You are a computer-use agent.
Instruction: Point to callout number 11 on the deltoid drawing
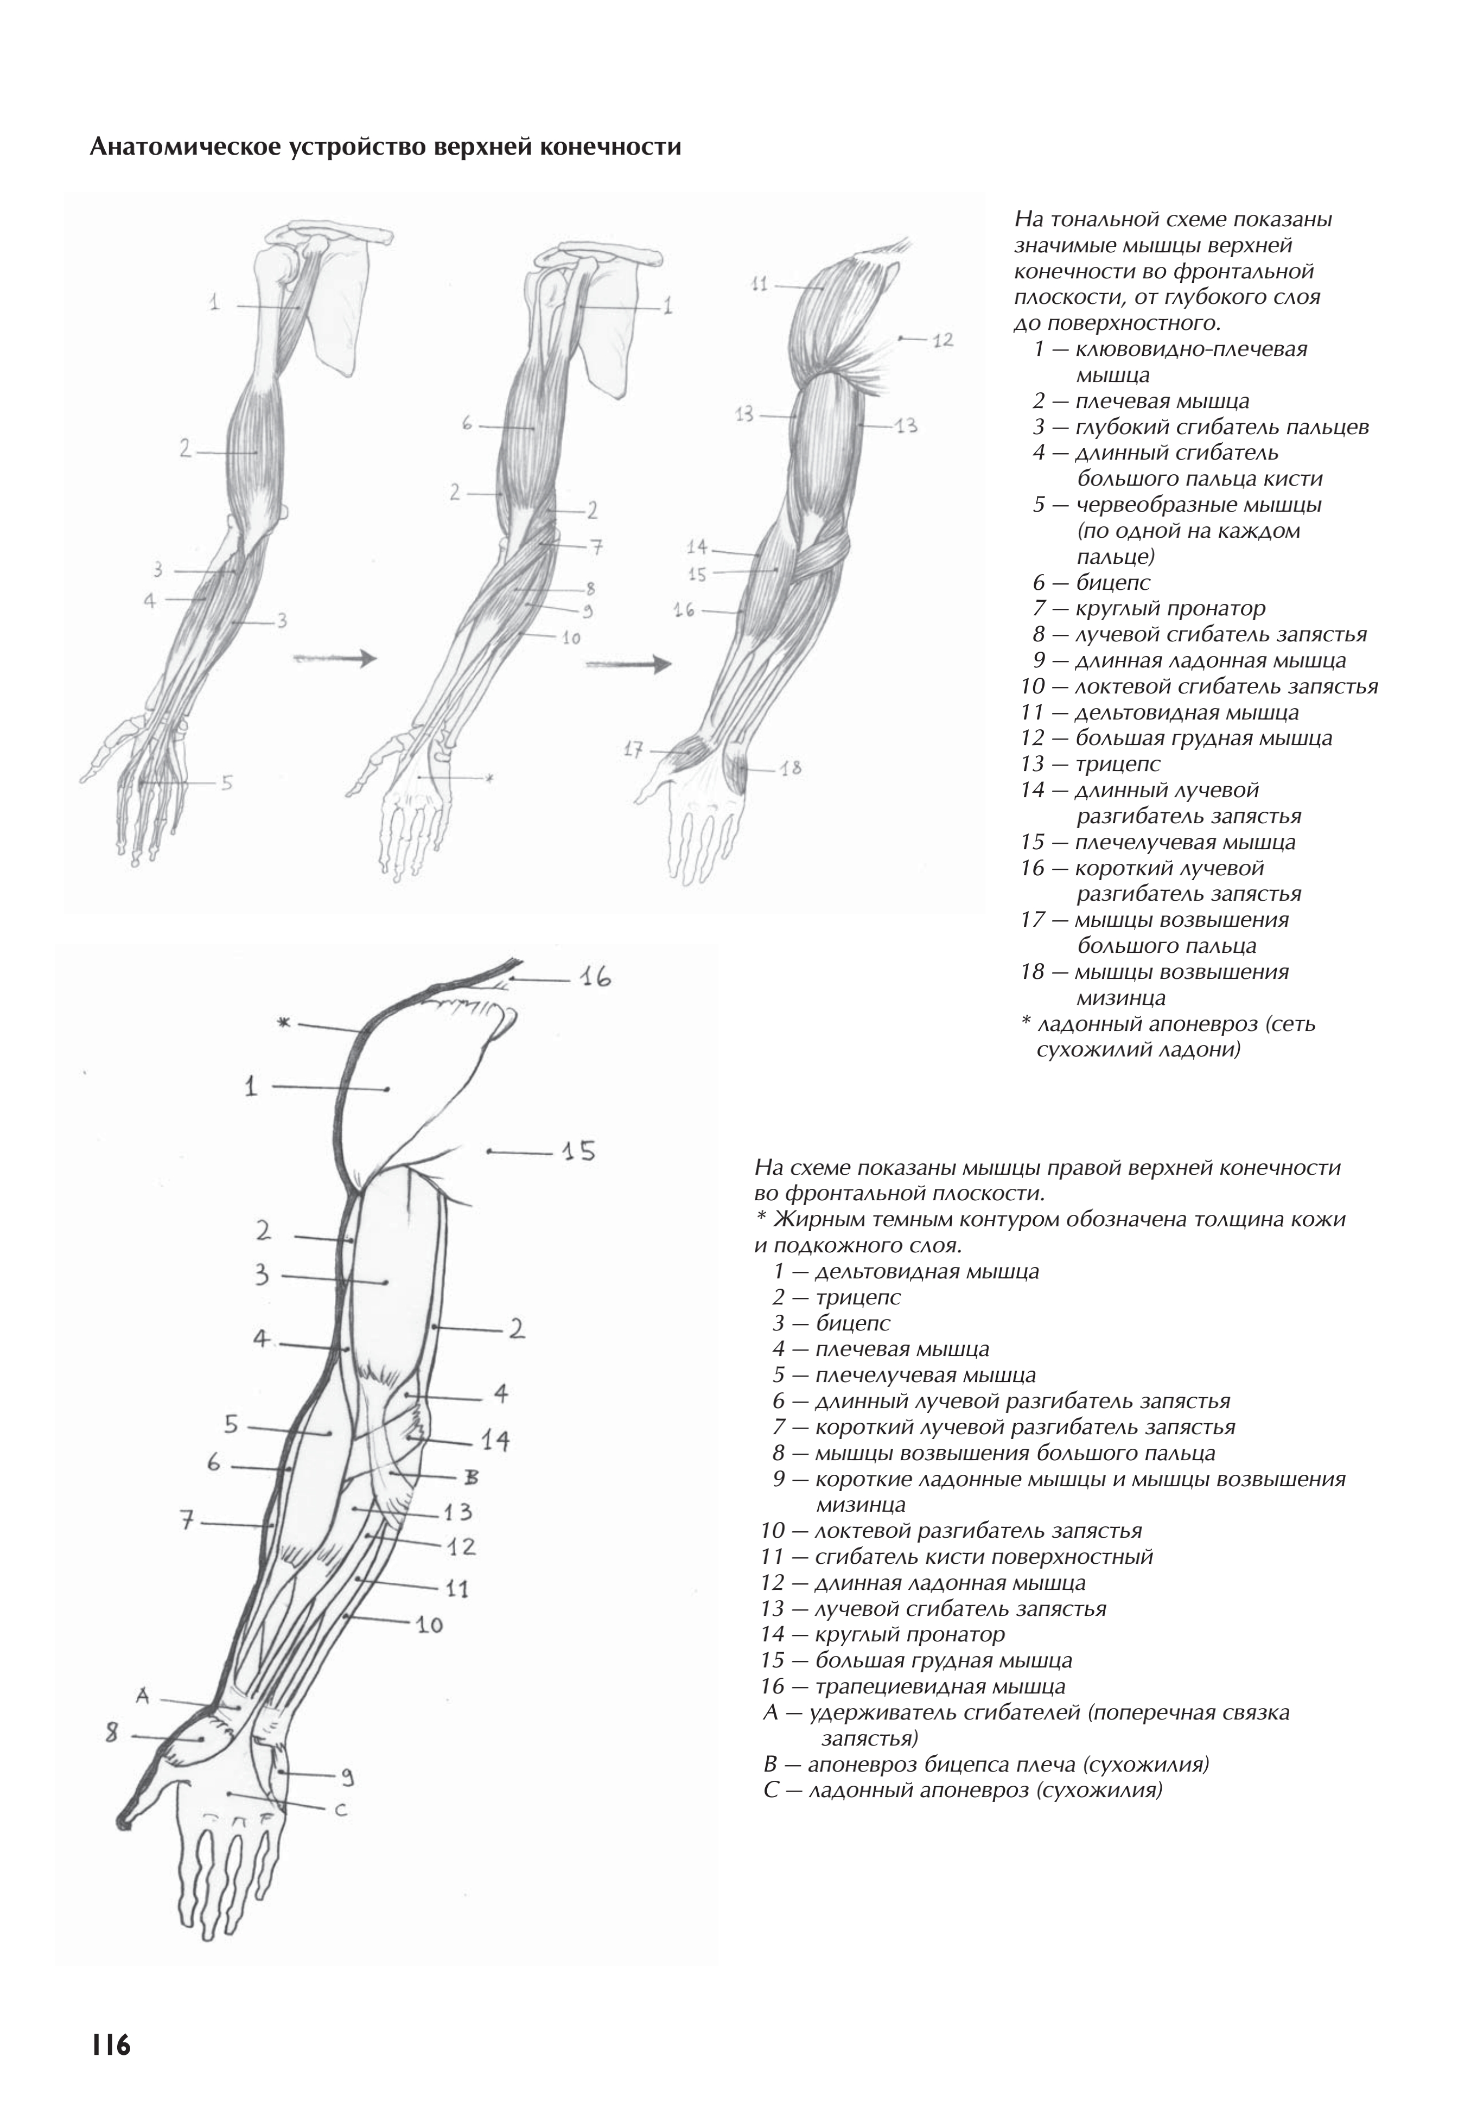coord(759,285)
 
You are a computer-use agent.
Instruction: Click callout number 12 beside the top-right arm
coord(942,341)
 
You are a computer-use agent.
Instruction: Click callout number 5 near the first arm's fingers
coord(226,782)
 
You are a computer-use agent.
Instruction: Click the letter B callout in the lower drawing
coord(472,1477)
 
